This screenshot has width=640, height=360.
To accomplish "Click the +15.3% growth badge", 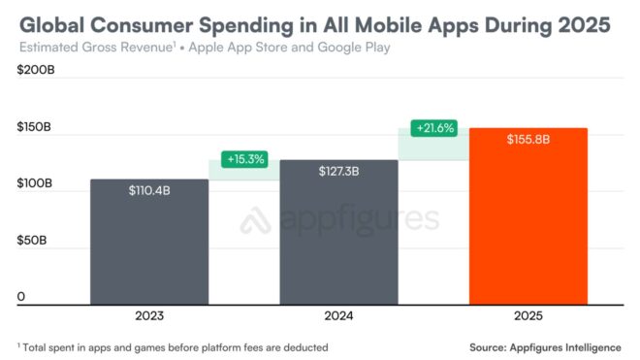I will (243, 158).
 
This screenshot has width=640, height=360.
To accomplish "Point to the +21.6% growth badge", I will (433, 128).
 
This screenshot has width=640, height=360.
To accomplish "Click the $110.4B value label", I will (148, 191).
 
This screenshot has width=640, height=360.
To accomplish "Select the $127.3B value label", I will (338, 172).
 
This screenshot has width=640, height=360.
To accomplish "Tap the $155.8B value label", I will (528, 140).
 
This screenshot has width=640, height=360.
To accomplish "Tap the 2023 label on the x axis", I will (148, 316).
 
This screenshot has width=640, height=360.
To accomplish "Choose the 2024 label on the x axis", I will (338, 316).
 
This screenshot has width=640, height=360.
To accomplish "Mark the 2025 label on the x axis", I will (528, 316).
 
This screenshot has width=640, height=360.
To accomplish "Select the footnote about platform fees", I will (174, 346).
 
